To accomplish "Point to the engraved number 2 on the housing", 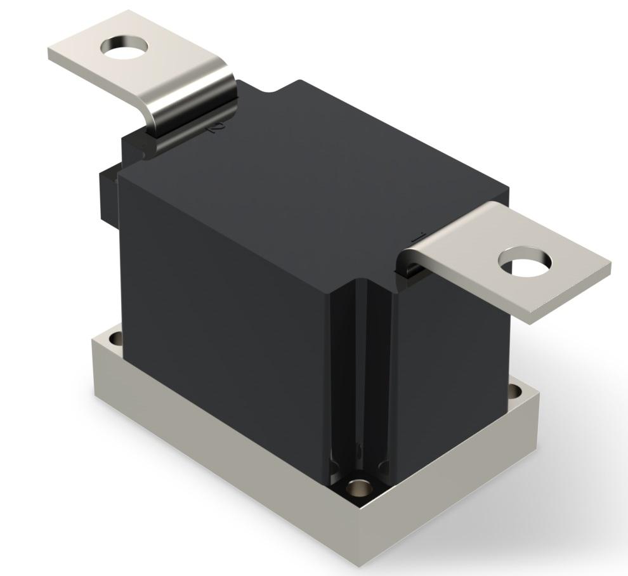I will point(216,128).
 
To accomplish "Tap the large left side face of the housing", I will point(222,304).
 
